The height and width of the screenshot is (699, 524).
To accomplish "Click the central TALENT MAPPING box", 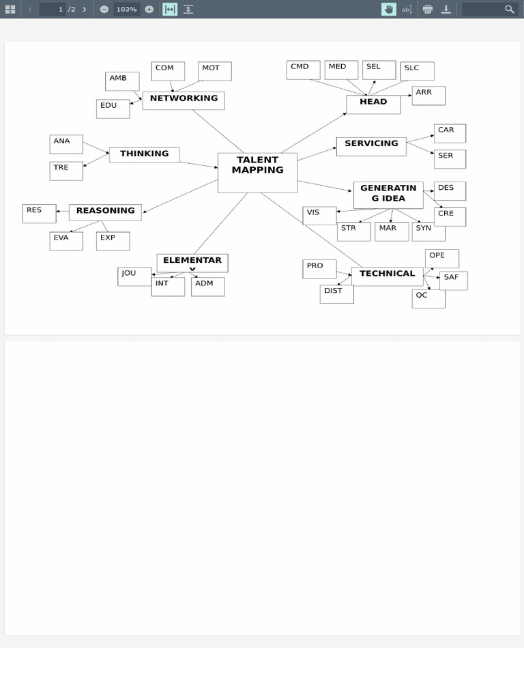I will [x=257, y=172].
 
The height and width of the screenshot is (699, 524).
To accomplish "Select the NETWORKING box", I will [x=184, y=100].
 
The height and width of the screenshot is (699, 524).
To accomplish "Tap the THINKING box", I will [x=144, y=155].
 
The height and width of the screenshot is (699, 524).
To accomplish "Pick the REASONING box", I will [x=105, y=212].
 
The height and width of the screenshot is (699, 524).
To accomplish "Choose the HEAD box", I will [x=373, y=104].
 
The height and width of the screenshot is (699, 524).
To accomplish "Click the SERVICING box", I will [x=371, y=145].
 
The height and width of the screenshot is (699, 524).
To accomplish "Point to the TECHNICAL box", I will [x=387, y=275].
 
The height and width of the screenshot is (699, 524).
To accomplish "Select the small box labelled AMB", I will [x=122, y=81].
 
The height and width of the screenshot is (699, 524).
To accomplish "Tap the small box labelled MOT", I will [x=215, y=71].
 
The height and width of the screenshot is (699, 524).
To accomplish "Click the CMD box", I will [x=303, y=70].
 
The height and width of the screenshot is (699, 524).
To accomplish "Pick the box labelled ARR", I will [x=428, y=96].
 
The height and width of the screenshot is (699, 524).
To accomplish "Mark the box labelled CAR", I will [x=450, y=133].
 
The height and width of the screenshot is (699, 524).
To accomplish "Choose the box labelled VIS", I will [x=319, y=215].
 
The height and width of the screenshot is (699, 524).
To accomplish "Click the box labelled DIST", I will [x=336, y=294].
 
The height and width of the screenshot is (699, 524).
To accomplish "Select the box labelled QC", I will [x=428, y=298].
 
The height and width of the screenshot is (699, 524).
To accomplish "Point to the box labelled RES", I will [x=39, y=213].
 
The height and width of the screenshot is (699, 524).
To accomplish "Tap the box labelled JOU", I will [x=134, y=276].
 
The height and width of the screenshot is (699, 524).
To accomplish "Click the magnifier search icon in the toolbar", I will [x=510, y=9].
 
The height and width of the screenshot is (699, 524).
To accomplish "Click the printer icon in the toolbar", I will [x=428, y=9].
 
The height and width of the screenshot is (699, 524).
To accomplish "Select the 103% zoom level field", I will [x=126, y=9].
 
